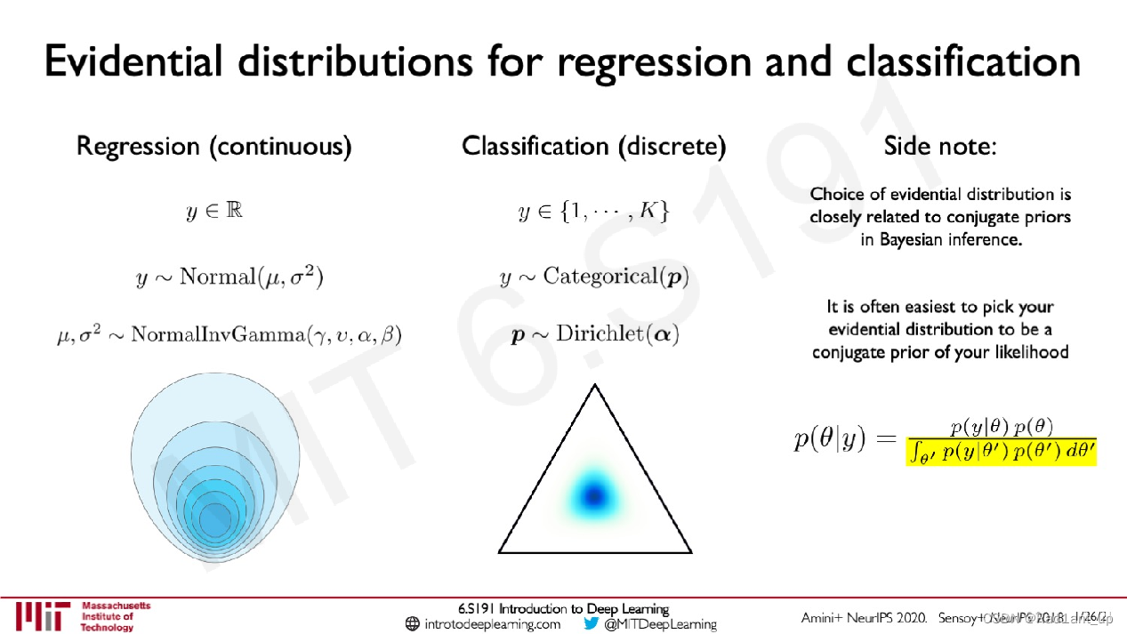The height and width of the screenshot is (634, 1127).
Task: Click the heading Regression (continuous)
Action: (x=213, y=146)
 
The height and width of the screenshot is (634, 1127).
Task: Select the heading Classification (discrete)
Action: (x=593, y=146)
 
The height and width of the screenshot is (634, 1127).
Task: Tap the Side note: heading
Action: (x=939, y=146)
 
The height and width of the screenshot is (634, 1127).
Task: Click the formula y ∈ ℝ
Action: (x=213, y=212)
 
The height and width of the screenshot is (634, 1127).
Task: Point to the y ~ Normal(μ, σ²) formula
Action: (x=229, y=277)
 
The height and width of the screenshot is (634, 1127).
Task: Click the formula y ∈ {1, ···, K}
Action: (x=593, y=212)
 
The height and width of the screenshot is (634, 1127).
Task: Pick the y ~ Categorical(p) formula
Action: (x=594, y=277)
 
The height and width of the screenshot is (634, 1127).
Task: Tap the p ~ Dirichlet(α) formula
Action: (x=594, y=336)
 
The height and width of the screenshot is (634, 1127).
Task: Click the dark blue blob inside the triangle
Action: (x=593, y=494)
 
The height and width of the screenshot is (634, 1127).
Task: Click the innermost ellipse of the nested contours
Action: (x=213, y=518)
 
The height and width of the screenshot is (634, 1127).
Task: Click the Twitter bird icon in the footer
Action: (x=592, y=624)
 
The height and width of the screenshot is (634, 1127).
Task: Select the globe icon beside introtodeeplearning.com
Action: (x=412, y=624)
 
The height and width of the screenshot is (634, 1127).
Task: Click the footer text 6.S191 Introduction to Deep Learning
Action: (x=563, y=609)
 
